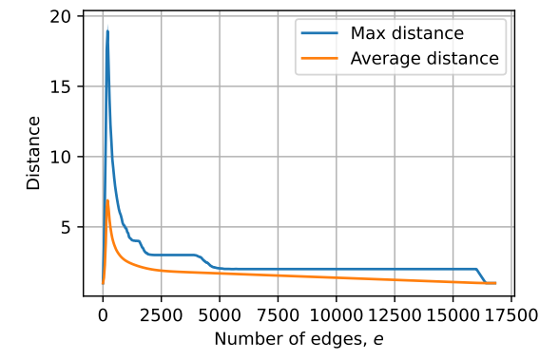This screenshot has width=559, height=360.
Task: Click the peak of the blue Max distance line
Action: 107,31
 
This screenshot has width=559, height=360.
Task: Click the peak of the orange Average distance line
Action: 107,200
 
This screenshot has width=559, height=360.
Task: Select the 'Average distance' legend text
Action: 425,58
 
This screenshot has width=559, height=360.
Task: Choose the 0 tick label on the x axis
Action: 103,314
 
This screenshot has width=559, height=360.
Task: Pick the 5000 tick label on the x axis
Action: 220,314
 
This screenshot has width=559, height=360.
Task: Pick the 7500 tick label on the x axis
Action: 278,314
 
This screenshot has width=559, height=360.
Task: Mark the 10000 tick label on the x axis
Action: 337,314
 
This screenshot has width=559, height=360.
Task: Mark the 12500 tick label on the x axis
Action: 395,314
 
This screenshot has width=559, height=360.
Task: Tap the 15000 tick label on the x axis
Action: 453,314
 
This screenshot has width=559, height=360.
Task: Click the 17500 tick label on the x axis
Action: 511,314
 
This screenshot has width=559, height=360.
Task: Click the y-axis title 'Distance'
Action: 34,153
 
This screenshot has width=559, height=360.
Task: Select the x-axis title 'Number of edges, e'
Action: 299,339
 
